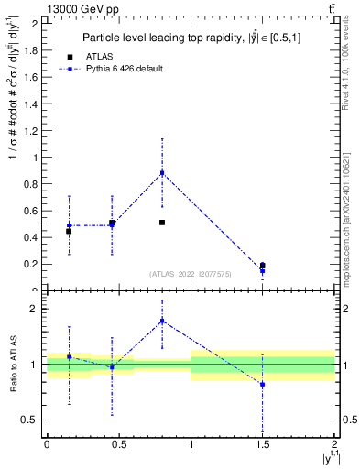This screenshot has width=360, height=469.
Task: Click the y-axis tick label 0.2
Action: [34, 264]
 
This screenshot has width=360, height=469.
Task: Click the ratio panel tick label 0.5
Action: [33, 420]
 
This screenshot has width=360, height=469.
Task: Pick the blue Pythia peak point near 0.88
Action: [162, 172]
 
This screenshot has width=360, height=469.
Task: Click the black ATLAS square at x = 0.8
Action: [162, 223]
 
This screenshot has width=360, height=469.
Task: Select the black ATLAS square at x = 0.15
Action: [69, 231]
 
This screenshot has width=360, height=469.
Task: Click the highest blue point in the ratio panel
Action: [162, 321]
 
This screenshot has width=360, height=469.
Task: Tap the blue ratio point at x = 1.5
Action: [263, 385]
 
